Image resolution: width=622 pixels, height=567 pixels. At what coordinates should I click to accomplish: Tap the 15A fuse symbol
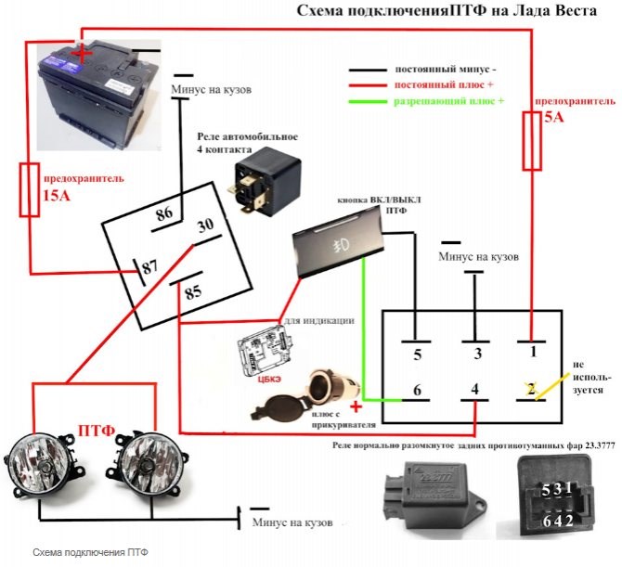tap(30, 189)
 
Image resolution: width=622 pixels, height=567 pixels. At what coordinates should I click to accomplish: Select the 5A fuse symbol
tap(531, 141)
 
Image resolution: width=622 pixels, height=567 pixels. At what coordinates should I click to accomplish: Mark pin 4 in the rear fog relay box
tap(474, 391)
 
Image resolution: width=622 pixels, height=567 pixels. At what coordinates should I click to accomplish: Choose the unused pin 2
tap(531, 390)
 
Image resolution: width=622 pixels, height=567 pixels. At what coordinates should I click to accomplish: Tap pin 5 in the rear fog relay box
tap(417, 354)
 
